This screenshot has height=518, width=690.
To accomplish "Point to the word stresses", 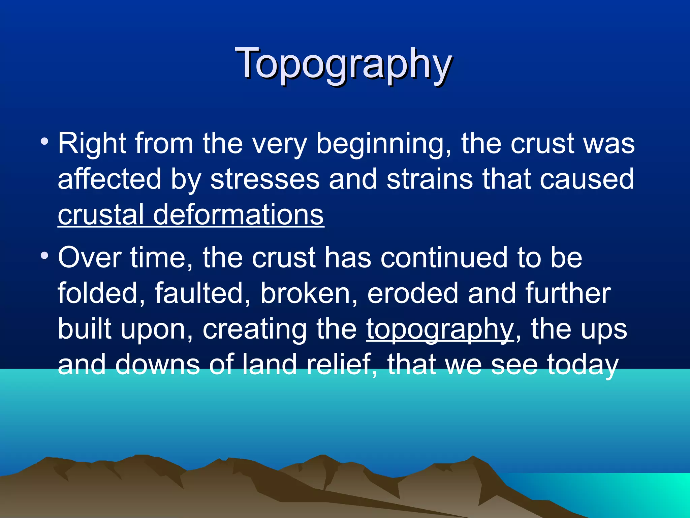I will (x=265, y=179).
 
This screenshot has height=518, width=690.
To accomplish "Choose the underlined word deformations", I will (x=239, y=215).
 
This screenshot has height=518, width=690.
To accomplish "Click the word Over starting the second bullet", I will (x=90, y=258).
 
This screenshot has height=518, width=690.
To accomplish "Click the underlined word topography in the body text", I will (x=440, y=330).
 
